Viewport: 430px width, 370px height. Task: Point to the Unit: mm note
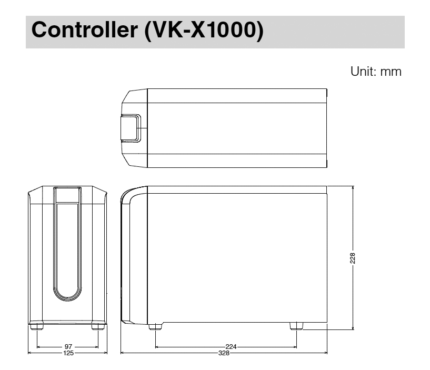[376, 72]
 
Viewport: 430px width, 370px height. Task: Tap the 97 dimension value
[68, 347]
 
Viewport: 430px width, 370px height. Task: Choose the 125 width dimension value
[68, 353]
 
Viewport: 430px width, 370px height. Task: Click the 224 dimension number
[231, 347]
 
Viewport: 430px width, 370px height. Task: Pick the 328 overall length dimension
[224, 353]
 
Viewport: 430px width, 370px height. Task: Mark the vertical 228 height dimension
[353, 258]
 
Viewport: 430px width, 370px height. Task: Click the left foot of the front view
[36, 326]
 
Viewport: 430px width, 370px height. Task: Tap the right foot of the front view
[98, 326]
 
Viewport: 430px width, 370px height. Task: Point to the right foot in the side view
[297, 326]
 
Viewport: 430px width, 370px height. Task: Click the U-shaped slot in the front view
[68, 253]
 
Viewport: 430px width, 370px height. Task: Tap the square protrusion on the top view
[129, 128]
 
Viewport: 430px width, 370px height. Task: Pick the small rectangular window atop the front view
[68, 195]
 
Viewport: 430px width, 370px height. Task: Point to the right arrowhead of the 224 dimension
[294, 347]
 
